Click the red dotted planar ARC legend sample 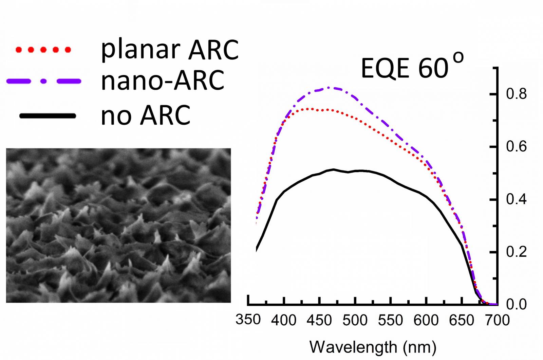[x=43, y=50]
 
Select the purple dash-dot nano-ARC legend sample [x=44, y=81]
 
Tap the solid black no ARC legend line [x=48, y=116]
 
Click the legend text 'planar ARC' [x=170, y=50]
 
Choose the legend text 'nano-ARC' [x=163, y=81]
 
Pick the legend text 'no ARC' [x=146, y=115]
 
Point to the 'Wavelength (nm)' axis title [x=373, y=347]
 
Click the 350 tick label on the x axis [x=248, y=320]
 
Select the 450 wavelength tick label [x=319, y=320]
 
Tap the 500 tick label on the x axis [x=355, y=320]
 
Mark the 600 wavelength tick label [x=426, y=320]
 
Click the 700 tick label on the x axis [x=497, y=320]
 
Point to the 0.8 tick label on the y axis [x=516, y=94]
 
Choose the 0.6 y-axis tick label [x=516, y=147]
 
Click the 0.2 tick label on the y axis [x=516, y=252]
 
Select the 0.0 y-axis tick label [x=516, y=305]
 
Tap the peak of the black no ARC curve [x=333, y=169]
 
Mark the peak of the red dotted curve [x=311, y=109]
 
